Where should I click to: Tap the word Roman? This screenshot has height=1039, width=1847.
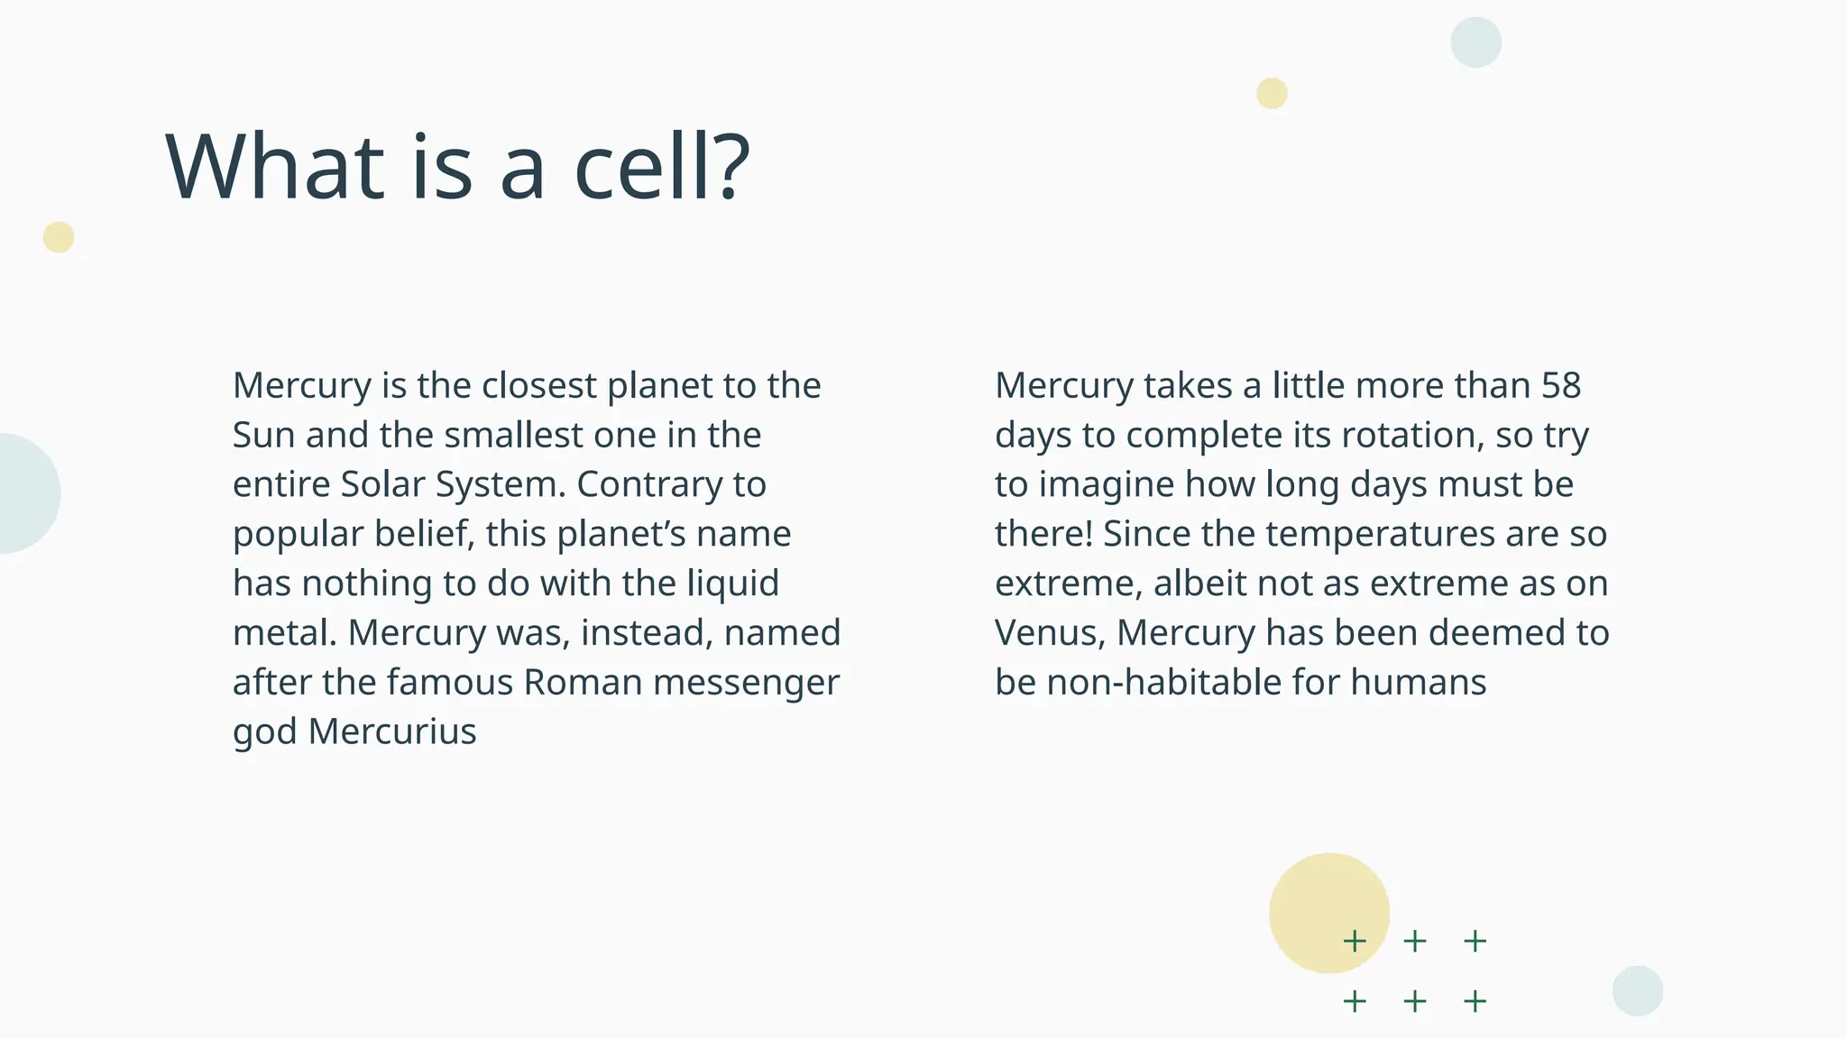583,683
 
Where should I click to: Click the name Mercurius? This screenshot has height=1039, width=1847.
391,731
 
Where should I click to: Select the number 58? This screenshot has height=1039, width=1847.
1560,386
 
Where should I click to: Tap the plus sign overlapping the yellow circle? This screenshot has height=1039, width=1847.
1354,942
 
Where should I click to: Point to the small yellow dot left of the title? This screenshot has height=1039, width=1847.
59,237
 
